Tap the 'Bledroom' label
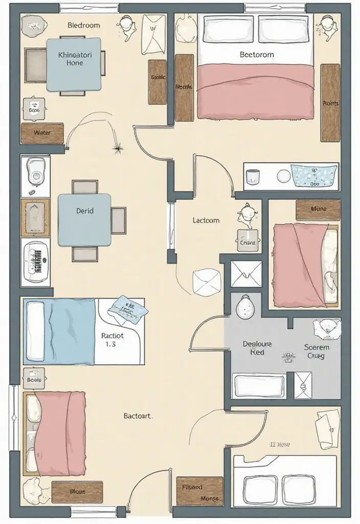84,25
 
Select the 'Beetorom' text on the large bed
256,54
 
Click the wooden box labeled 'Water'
42,133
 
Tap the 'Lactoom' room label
206,221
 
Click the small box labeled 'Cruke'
247,243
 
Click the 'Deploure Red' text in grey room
257,348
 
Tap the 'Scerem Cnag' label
316,352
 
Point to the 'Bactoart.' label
138,416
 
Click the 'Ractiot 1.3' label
112,340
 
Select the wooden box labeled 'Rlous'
77,492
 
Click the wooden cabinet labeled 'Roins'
330,103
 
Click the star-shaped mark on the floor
119,149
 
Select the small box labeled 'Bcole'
34,379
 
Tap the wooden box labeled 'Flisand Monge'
200,491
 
